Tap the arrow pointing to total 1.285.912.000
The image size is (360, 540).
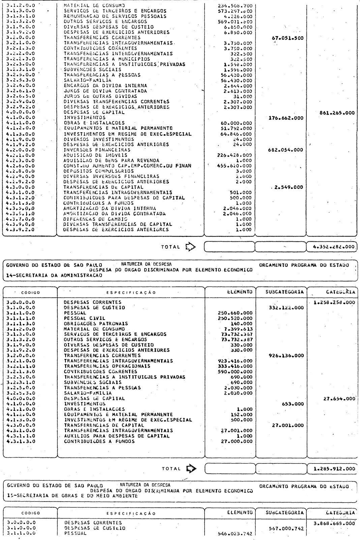(x=192, y=469)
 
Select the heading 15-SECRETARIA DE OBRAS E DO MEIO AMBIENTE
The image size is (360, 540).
(x=72, y=496)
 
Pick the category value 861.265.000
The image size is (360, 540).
(x=337, y=113)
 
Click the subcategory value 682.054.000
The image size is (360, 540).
(x=286, y=150)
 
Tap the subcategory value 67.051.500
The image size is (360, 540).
(x=287, y=38)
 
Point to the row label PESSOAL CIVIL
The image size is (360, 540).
(x=85, y=318)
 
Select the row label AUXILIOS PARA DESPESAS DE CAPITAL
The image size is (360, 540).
(x=117, y=436)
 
